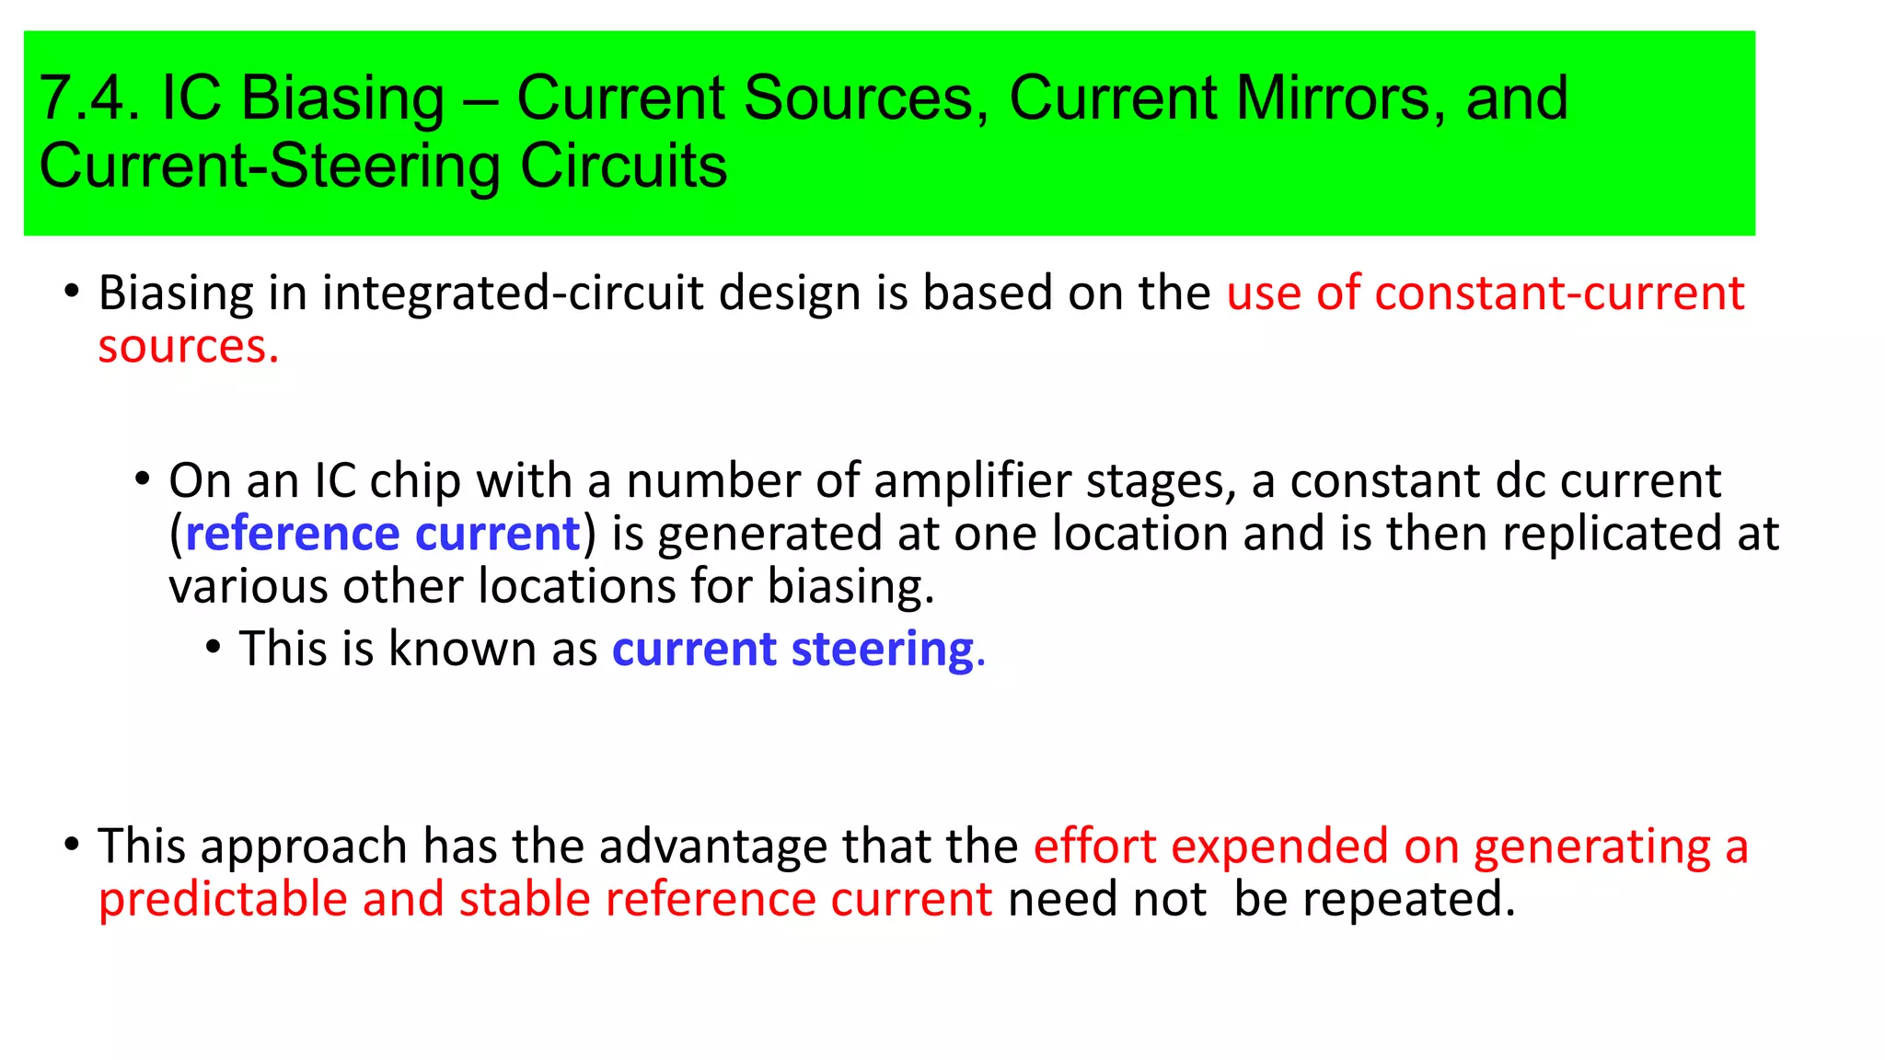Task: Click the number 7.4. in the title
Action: click(89, 98)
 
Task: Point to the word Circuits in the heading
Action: click(623, 167)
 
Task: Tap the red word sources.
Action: click(188, 348)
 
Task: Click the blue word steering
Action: click(883, 650)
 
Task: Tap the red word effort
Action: click(1094, 847)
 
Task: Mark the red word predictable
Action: click(223, 900)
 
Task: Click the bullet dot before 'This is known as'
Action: click(214, 647)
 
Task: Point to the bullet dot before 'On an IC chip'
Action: click(142, 478)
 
